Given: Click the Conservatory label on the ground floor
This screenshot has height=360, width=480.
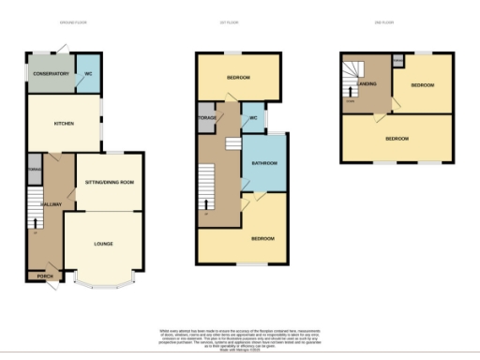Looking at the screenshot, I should click(x=50, y=73).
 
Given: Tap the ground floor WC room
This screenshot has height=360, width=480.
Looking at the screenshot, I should click(x=88, y=73).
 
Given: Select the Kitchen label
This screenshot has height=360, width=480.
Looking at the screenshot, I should click(x=64, y=123).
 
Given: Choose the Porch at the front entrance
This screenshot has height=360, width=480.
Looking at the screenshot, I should click(x=44, y=276).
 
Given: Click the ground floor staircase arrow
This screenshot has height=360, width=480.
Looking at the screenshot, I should click(x=37, y=223).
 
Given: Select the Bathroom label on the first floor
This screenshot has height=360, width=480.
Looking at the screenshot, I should click(x=262, y=164).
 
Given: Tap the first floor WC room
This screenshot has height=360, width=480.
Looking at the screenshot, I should click(x=252, y=119).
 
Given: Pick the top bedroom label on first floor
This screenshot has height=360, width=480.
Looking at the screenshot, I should click(x=239, y=77).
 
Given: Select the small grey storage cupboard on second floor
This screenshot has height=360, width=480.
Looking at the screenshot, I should click(x=397, y=60).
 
